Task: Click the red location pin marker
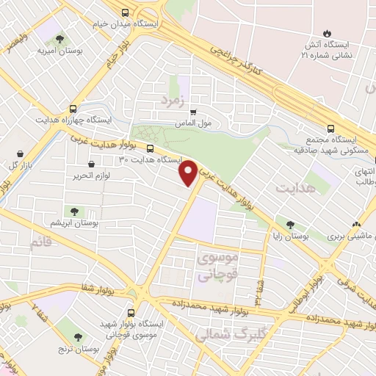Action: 189,172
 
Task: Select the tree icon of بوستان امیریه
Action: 59,40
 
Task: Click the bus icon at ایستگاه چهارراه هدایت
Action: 72,107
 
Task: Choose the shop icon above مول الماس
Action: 193,112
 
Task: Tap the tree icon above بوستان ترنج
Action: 77,337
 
